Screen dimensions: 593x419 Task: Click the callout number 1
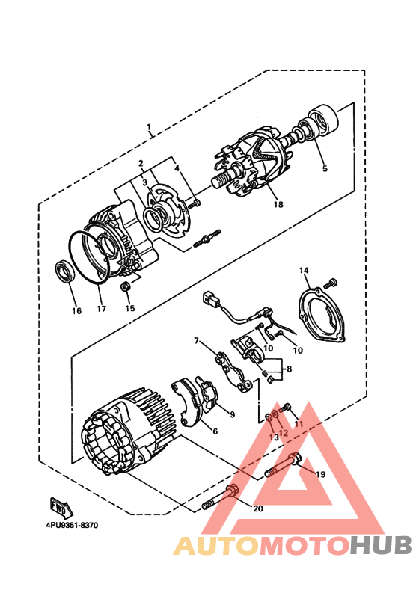[149, 127]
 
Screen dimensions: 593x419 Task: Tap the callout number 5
[324, 169]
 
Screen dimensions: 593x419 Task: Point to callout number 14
[304, 270]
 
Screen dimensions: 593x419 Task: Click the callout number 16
[76, 310]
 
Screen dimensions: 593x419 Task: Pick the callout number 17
[101, 307]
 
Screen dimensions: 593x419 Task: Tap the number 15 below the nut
[129, 307]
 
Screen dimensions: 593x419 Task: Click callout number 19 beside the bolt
[319, 474]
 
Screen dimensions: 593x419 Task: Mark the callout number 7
[197, 341]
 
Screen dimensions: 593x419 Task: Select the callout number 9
[231, 414]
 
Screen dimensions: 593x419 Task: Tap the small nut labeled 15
[126, 287]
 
